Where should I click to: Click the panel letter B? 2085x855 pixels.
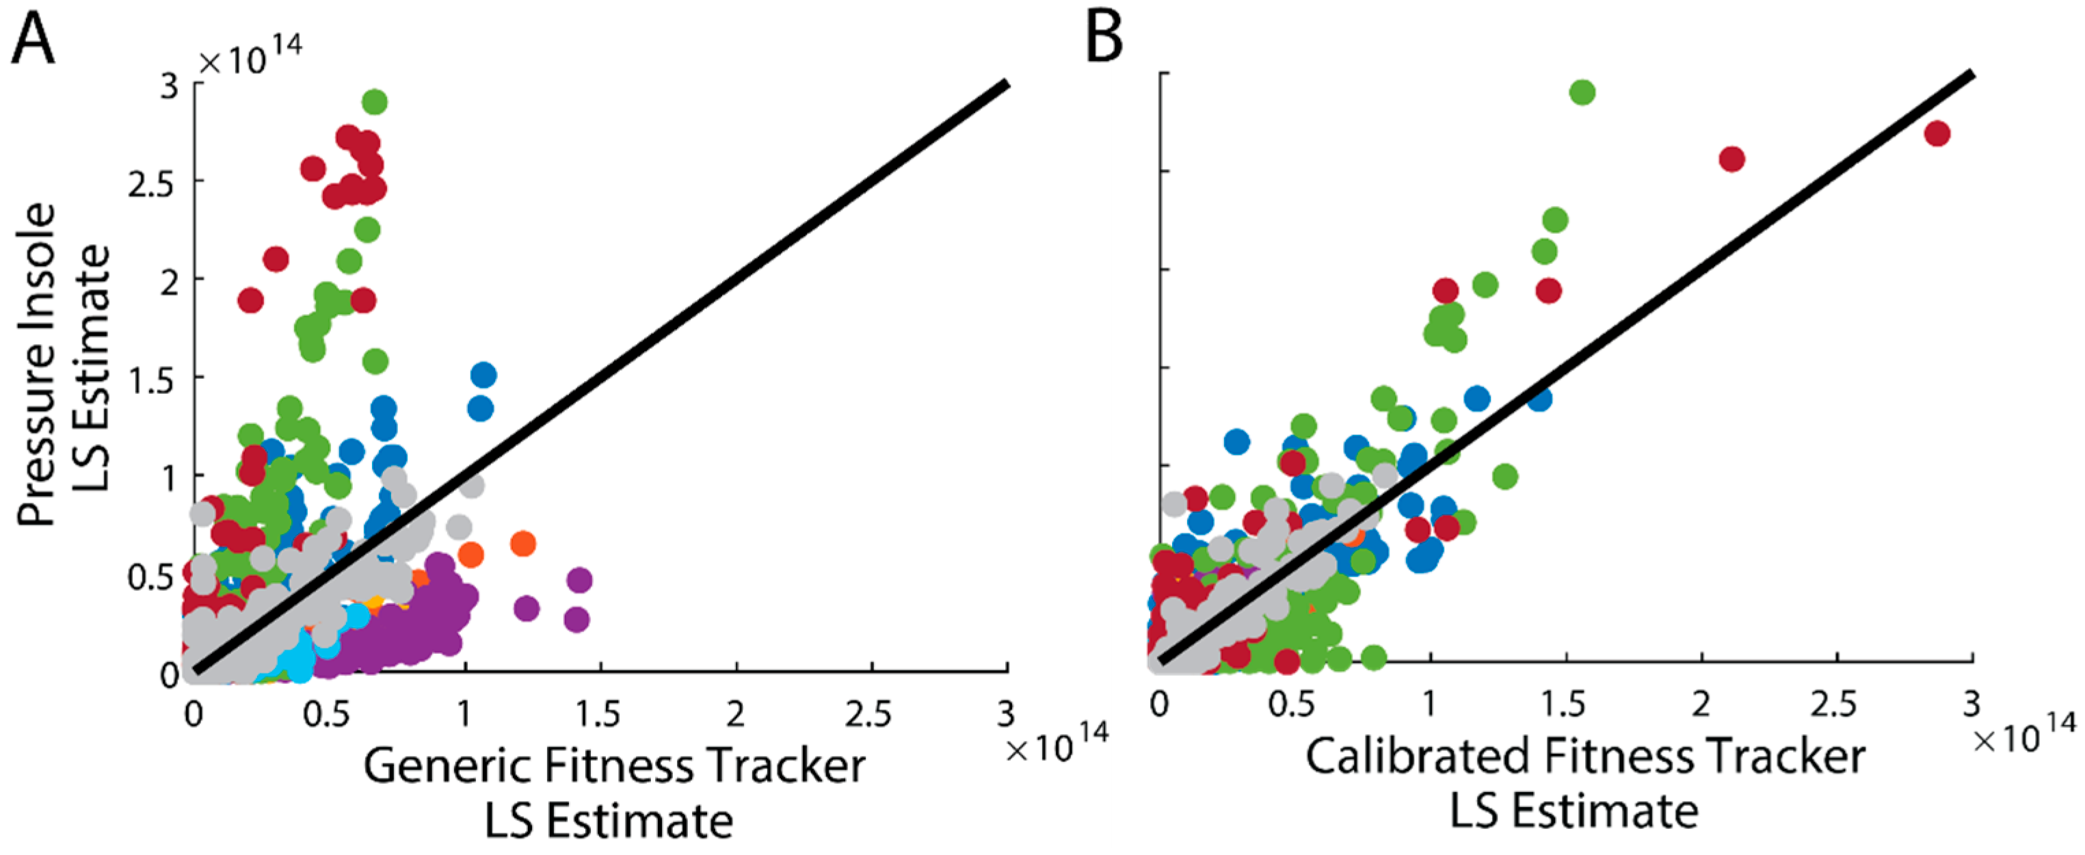[1104, 39]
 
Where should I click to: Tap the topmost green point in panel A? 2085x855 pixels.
[374, 102]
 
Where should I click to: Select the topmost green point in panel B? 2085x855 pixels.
[1582, 92]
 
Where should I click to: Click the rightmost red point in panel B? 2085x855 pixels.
[1936, 133]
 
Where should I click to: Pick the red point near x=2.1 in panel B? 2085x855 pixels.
[1731, 159]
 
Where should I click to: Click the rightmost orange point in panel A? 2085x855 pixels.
[523, 543]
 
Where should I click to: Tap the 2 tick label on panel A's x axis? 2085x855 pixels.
[735, 714]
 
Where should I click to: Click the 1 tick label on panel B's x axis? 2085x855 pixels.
[1430, 705]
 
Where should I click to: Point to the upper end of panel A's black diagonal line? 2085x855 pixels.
[1005, 84]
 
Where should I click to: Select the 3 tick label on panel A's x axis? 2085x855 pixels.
[1005, 714]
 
